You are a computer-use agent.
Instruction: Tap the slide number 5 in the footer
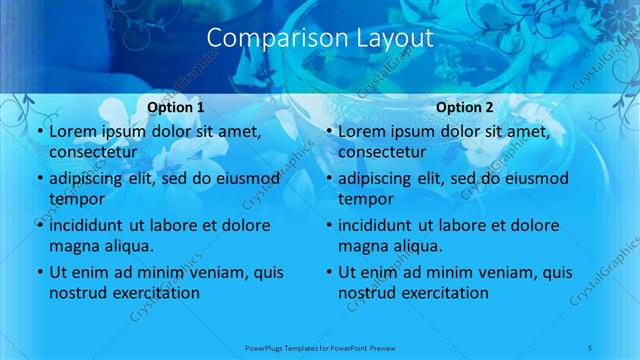[590, 347]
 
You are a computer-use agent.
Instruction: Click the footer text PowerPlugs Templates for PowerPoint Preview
[320, 347]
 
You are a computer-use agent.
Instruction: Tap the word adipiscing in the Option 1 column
[90, 179]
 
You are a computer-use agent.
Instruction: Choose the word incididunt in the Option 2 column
[383, 226]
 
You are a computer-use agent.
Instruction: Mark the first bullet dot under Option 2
[329, 132]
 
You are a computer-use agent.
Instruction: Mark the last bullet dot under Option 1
[40, 273]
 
